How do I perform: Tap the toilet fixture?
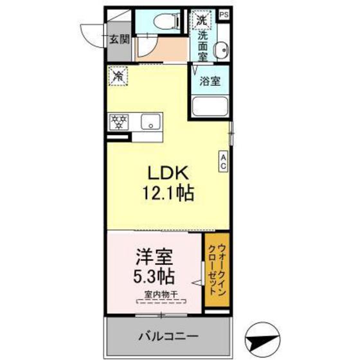click(168, 21)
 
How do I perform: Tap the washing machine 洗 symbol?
click(203, 19)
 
